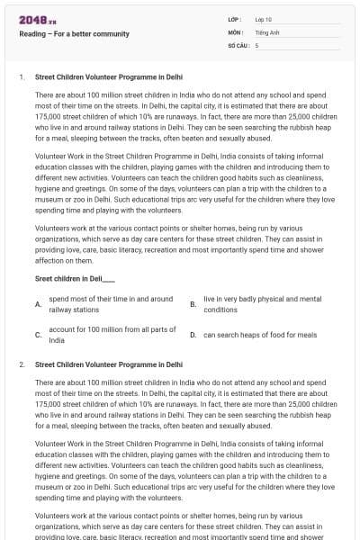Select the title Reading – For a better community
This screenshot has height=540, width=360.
click(x=74, y=34)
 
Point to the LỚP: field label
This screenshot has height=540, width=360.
click(x=236, y=19)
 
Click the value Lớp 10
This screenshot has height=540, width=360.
click(x=263, y=19)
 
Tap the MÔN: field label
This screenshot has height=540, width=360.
click(x=236, y=31)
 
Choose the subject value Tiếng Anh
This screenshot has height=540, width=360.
click(x=266, y=31)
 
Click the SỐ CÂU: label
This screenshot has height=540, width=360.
click(x=238, y=44)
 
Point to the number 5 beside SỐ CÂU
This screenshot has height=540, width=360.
click(x=257, y=44)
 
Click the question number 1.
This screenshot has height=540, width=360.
click(x=21, y=77)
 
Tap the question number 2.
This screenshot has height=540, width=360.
click(x=21, y=365)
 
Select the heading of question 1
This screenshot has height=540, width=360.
click(x=108, y=77)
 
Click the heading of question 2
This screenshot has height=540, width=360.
click(x=108, y=365)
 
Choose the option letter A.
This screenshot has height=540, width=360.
click(x=37, y=304)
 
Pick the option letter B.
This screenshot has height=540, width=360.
click(x=193, y=304)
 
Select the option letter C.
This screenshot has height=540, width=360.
click(x=37, y=335)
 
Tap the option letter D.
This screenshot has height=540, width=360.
click(x=193, y=335)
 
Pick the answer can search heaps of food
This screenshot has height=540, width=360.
click(x=259, y=335)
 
